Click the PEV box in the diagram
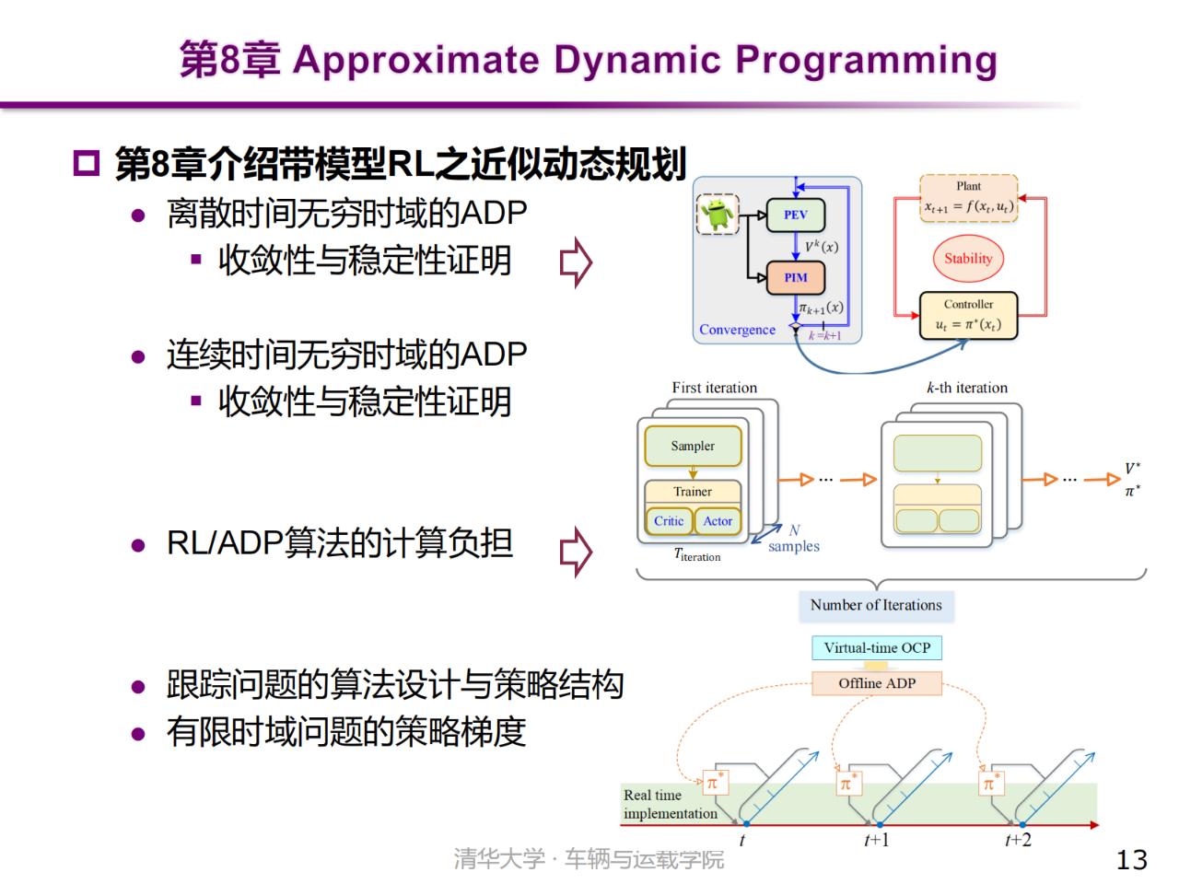click(x=796, y=215)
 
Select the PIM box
click(x=796, y=277)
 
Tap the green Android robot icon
click(x=718, y=215)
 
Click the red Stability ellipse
click(x=968, y=259)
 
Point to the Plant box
click(x=969, y=198)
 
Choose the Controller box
click(x=969, y=316)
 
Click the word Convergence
click(x=737, y=330)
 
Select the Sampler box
click(x=693, y=446)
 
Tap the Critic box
click(x=669, y=521)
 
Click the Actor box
click(x=718, y=521)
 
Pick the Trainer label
click(x=693, y=492)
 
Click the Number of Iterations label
click(x=876, y=605)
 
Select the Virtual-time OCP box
click(x=877, y=648)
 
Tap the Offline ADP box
click(x=877, y=683)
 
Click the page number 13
click(x=1131, y=860)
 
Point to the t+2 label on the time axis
click(x=1018, y=840)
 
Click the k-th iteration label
click(x=967, y=388)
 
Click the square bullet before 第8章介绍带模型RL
click(x=86, y=164)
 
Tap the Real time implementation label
click(x=670, y=804)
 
